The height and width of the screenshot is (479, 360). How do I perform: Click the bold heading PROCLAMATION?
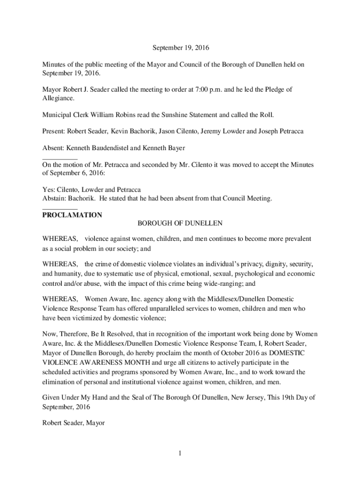coord(72,215)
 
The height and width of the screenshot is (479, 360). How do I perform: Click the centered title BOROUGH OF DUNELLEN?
coord(180,223)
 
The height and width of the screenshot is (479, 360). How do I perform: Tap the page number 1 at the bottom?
coord(180,453)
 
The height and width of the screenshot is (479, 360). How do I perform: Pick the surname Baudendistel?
coord(108,148)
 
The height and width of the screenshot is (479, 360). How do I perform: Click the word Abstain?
coord(55,198)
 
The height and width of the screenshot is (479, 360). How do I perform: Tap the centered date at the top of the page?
coord(180,48)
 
